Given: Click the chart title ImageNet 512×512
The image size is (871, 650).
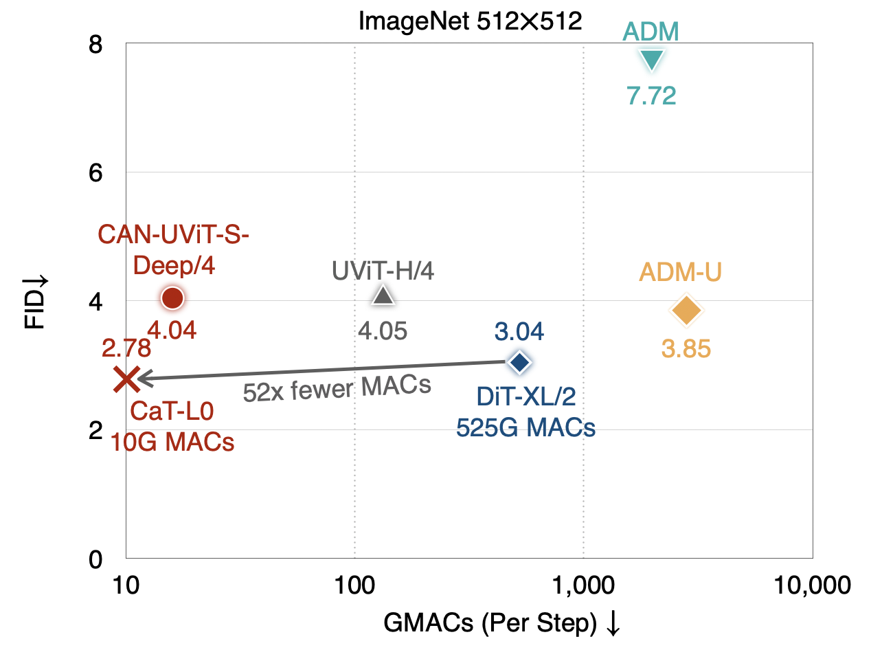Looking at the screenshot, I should click(471, 21).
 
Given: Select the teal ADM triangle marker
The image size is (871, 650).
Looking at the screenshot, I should click(651, 60).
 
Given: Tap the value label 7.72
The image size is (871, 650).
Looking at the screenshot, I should click(651, 96).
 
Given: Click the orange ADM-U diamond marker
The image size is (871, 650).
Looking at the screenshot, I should click(686, 311).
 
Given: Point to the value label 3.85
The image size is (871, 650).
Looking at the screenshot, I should click(686, 349).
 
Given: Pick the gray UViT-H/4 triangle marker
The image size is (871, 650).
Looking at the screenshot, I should click(383, 296).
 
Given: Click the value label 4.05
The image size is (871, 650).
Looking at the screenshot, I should click(383, 332).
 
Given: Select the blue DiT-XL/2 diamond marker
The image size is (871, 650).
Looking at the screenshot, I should click(519, 361).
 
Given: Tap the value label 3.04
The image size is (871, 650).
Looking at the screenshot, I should click(519, 332).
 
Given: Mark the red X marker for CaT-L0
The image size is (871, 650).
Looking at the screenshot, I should click(126, 379).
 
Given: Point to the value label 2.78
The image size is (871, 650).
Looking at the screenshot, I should click(126, 349).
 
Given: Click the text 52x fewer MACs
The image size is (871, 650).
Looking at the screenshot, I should click(337, 388).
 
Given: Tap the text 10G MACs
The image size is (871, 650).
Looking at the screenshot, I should click(173, 442).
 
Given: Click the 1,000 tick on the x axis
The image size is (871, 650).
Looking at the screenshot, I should click(583, 585).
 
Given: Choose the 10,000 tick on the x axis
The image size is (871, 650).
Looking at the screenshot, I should click(813, 585).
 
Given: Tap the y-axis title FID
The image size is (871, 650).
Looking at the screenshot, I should click(35, 302).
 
